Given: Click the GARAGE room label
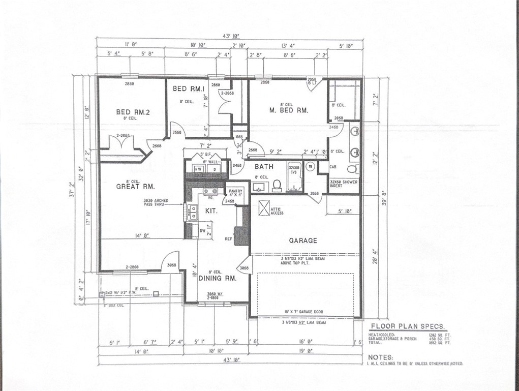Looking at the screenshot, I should pyautogui.click(x=303, y=240).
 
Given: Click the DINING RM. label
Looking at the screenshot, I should pyautogui.click(x=217, y=278).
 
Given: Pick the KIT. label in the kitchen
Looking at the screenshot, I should pyautogui.click(x=211, y=210).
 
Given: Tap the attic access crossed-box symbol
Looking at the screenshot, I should pyautogui.click(x=264, y=208).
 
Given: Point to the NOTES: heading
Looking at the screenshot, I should pyautogui.click(x=381, y=357).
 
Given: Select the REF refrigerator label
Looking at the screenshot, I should pyautogui.click(x=229, y=238).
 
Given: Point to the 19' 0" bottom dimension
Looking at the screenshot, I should pyautogui.click(x=304, y=351).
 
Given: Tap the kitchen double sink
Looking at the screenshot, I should pyautogui.click(x=192, y=212).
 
